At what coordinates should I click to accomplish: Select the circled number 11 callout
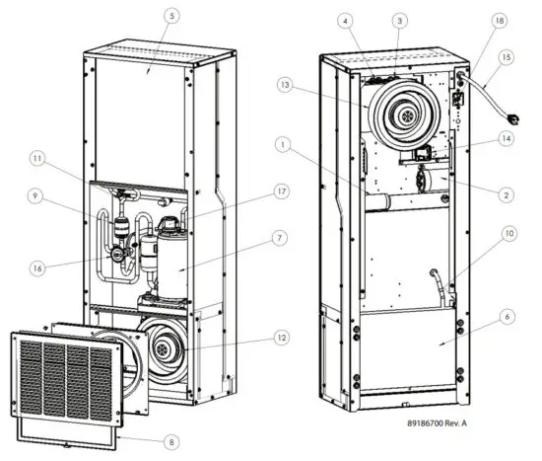[38, 158]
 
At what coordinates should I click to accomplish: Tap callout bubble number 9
[38, 196]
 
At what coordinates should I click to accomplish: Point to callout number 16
[38, 268]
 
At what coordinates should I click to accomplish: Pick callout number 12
[253, 339]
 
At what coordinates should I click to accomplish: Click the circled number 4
[346, 20]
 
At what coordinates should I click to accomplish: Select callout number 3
[399, 20]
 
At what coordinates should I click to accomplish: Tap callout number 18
[500, 20]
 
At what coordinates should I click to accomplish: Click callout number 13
[286, 86]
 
